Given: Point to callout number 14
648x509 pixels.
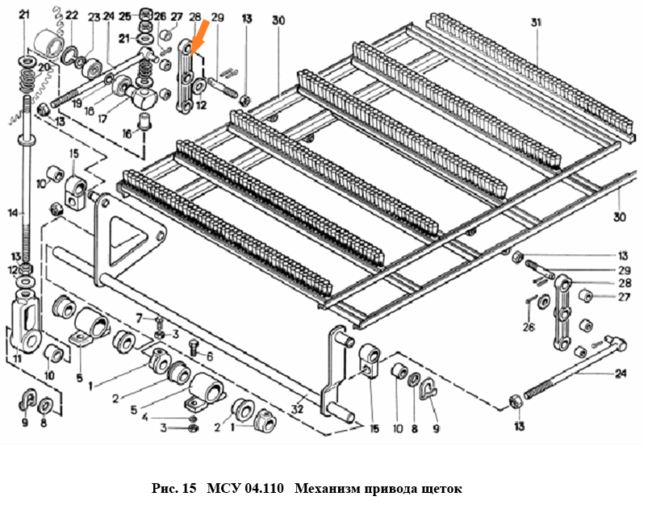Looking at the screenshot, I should [11, 215].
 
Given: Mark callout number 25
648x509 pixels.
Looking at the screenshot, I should [123, 15].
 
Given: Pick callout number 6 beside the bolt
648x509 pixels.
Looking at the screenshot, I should [209, 356].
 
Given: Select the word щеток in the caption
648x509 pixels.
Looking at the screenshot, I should [439, 489].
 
